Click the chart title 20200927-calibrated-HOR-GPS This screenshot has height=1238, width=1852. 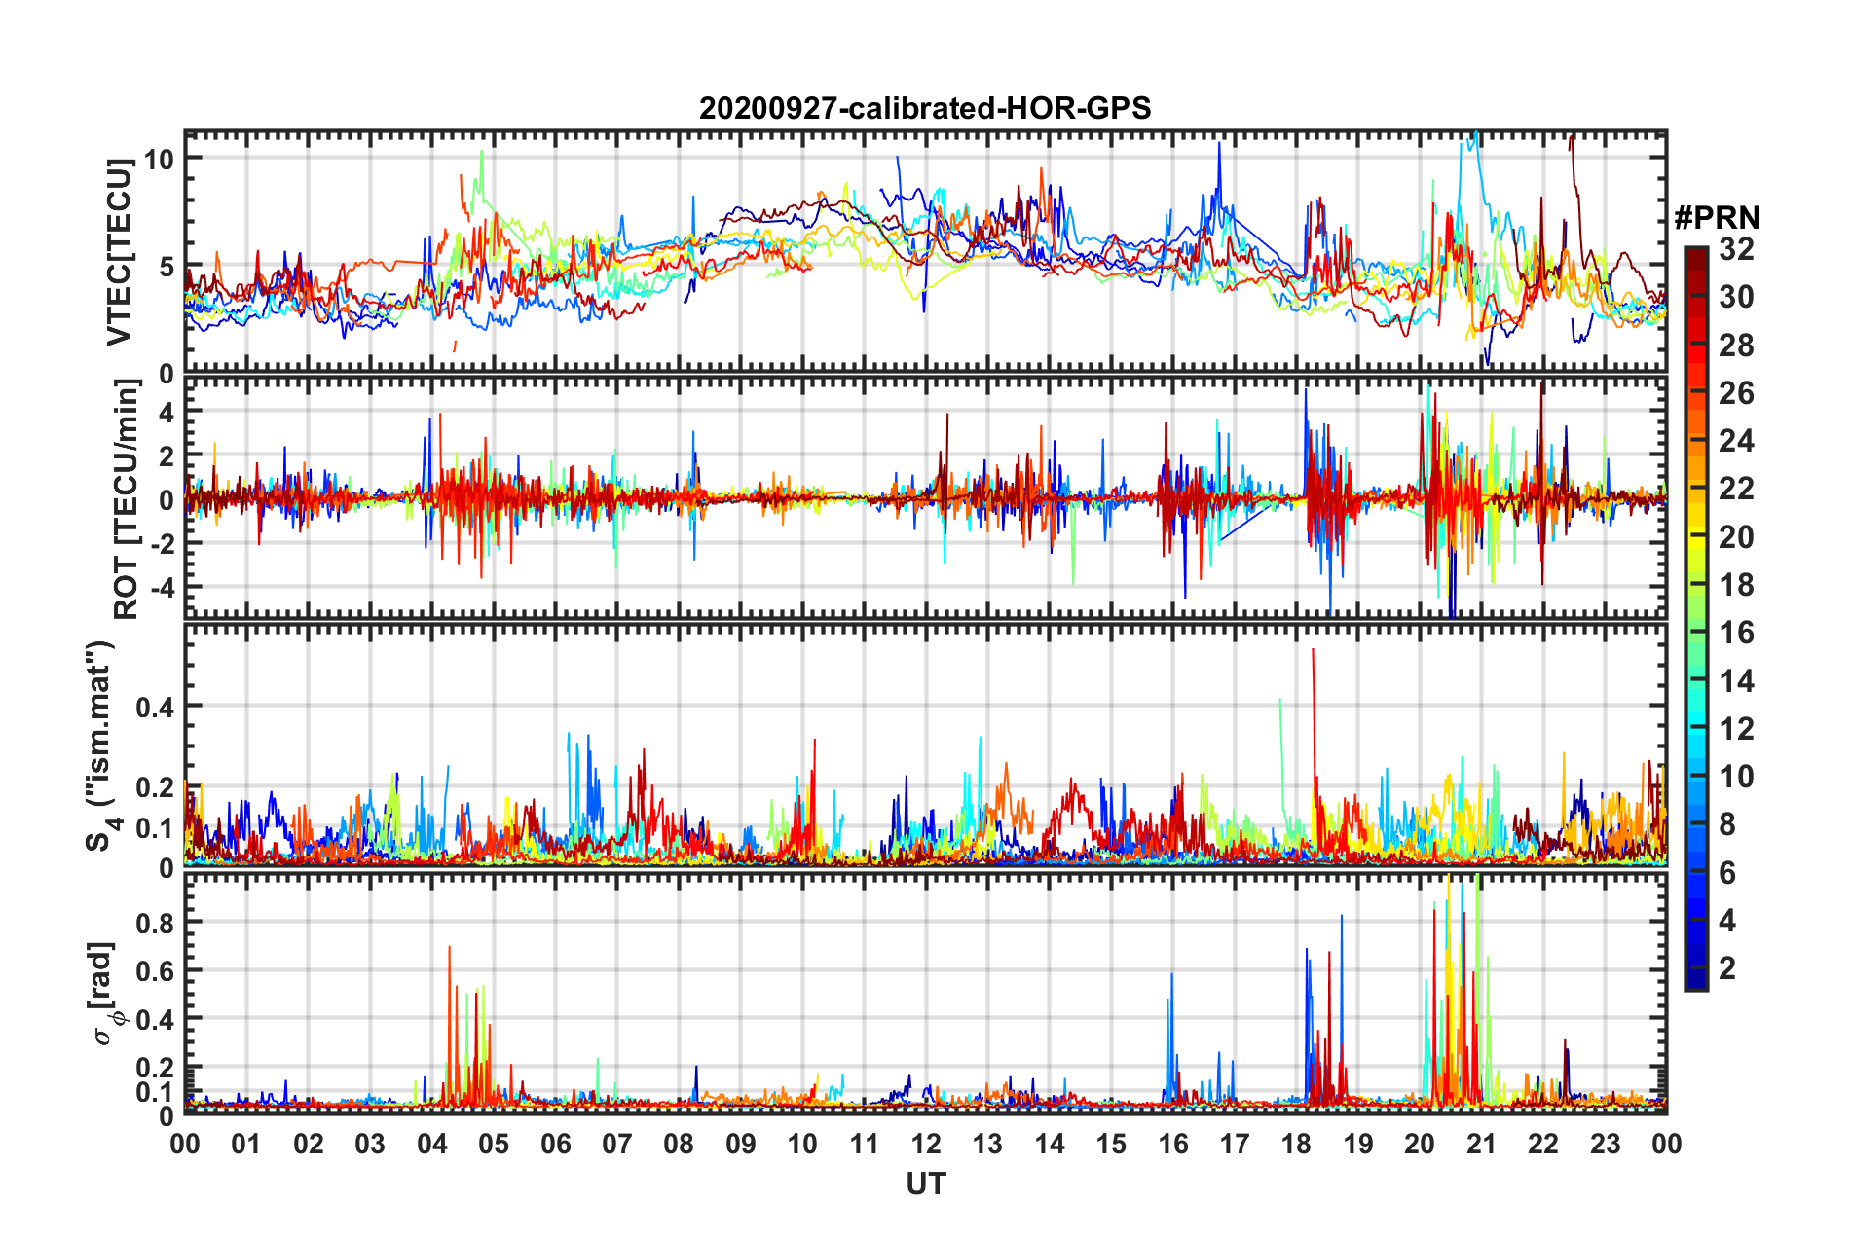(925, 108)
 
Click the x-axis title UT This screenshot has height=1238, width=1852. (925, 1183)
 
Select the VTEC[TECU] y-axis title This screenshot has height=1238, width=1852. (119, 253)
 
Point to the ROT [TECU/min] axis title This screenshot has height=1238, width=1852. (127, 499)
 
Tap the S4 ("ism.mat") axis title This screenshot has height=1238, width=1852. (101, 746)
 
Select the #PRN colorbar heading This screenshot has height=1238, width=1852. (1717, 218)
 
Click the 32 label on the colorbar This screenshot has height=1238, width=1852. (1736, 249)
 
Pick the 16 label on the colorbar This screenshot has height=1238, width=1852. (1736, 633)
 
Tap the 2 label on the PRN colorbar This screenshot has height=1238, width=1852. (1727, 968)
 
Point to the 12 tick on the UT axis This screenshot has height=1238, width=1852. (926, 1144)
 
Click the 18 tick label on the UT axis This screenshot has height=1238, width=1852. (1296, 1144)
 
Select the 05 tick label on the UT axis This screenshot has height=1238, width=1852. (494, 1144)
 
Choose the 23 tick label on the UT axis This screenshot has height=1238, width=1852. (1605, 1144)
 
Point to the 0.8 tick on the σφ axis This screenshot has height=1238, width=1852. (156, 923)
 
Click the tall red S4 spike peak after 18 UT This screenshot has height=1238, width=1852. (1313, 650)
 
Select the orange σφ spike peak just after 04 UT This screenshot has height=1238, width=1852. (449, 947)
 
